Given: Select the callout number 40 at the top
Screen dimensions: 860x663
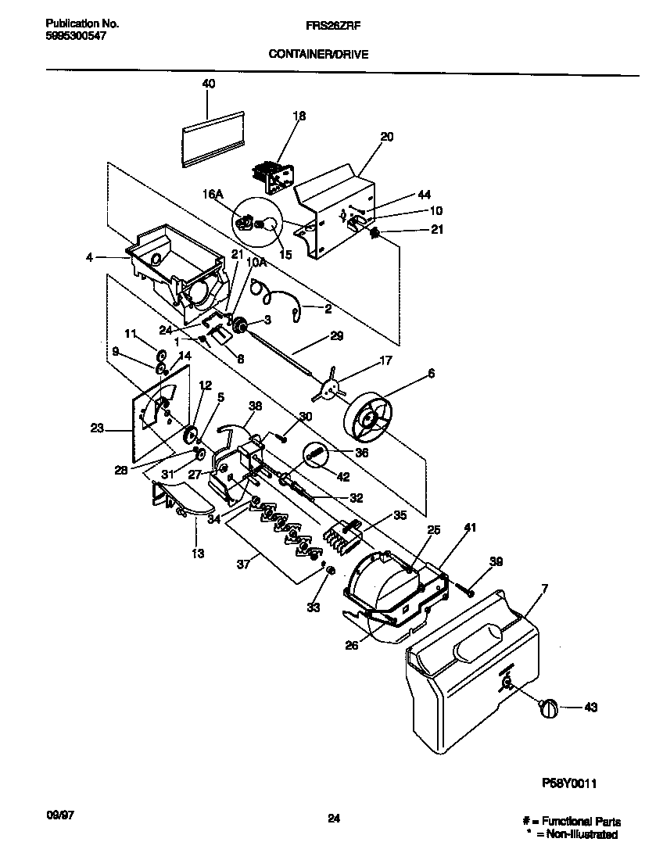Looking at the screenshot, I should tap(209, 84).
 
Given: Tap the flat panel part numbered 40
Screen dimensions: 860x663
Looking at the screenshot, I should tap(211, 137).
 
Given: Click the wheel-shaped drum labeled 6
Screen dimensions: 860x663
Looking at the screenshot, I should tap(371, 422).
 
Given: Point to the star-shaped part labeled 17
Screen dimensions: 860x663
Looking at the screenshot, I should tap(332, 386).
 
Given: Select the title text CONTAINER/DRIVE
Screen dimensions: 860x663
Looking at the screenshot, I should tap(318, 54).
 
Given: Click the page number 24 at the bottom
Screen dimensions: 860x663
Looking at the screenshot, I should tap(334, 819).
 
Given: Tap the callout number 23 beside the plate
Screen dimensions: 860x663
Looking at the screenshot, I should tap(97, 428).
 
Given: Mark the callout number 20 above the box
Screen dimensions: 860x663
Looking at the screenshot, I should tap(386, 136).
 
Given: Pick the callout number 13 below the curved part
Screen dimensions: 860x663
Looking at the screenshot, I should tap(198, 554).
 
